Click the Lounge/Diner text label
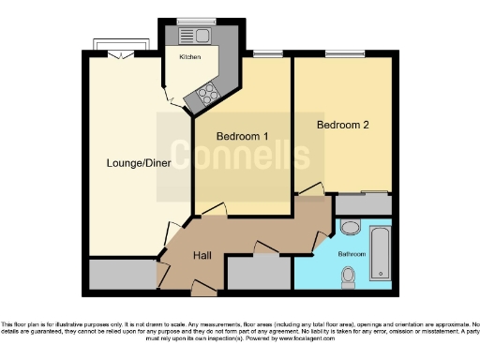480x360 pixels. (x=126, y=164)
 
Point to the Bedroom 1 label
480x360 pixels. (x=242, y=136)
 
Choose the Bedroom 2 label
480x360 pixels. (x=342, y=125)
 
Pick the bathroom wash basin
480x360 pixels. (x=348, y=226)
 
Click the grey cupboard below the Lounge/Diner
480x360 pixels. (x=123, y=274)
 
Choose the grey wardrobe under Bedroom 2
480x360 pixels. (x=363, y=203)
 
